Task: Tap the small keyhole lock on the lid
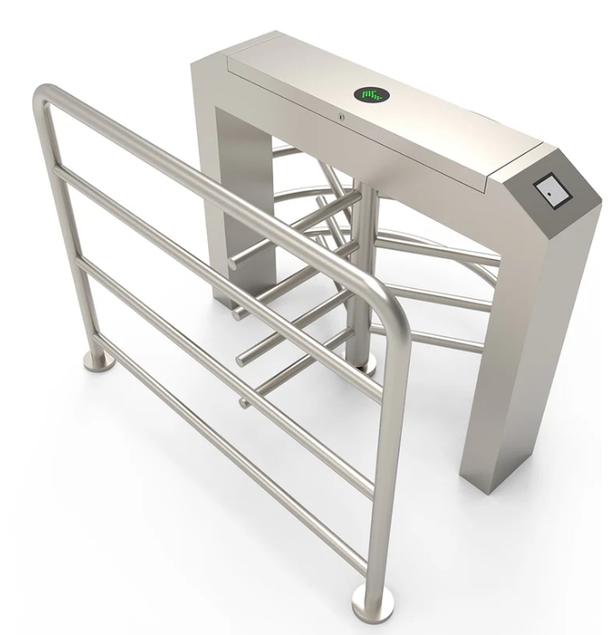click(x=341, y=117)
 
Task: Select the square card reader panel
click(x=553, y=192)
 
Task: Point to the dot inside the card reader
click(x=555, y=195)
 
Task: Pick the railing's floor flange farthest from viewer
click(x=101, y=362)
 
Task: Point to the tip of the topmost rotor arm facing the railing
click(x=240, y=256)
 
